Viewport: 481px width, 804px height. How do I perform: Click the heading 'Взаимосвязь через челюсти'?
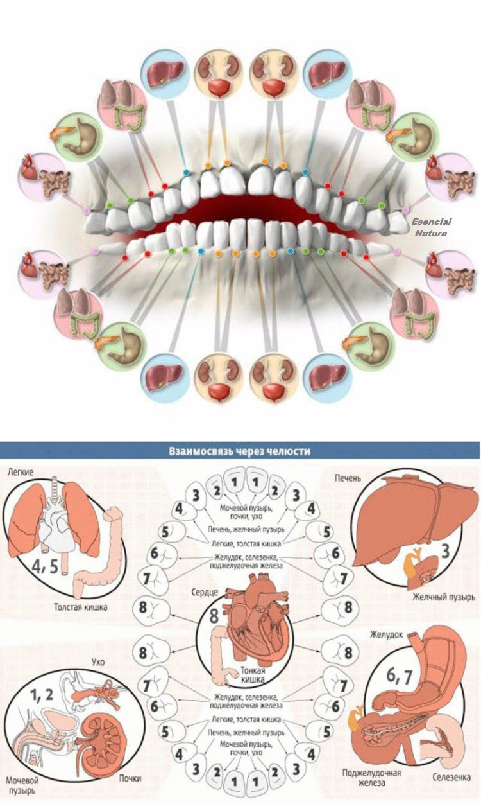(239, 451)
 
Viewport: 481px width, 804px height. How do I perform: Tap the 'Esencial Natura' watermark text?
(431, 227)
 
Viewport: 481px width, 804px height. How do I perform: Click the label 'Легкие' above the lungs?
(21, 473)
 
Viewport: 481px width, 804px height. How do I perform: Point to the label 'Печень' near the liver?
(348, 478)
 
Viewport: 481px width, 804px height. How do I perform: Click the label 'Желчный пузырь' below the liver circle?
(444, 597)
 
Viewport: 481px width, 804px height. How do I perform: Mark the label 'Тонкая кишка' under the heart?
(253, 675)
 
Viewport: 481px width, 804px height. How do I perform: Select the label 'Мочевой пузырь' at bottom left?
(22, 785)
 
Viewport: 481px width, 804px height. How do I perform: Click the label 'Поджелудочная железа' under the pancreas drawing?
(371, 778)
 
